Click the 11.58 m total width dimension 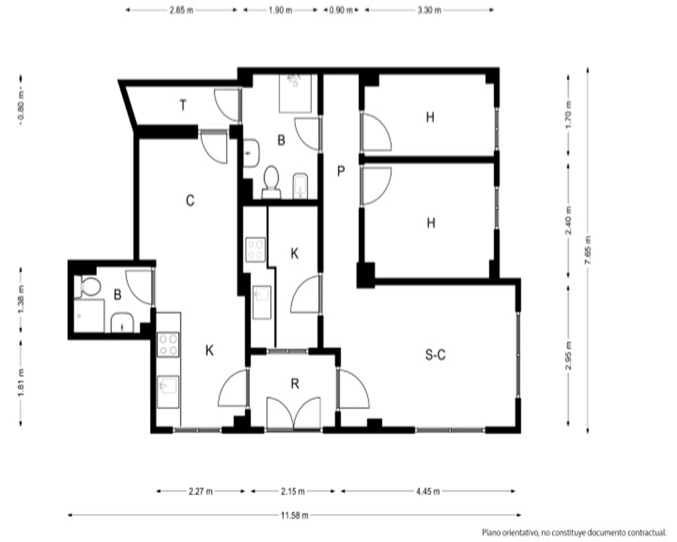[x=294, y=515]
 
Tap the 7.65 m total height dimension [x=588, y=250]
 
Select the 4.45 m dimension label [x=428, y=491]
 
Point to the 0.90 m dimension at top [x=341, y=10]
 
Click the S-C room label [x=435, y=355]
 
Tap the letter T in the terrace [x=183, y=105]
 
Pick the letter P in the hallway [x=341, y=171]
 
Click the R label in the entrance [x=295, y=384]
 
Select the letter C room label [x=190, y=201]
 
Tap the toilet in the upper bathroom [x=271, y=182]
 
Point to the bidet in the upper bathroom [x=300, y=186]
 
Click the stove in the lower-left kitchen [x=168, y=344]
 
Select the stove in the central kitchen [x=256, y=249]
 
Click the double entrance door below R [x=294, y=414]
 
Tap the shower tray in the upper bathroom [x=295, y=93]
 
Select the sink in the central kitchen [x=261, y=302]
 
